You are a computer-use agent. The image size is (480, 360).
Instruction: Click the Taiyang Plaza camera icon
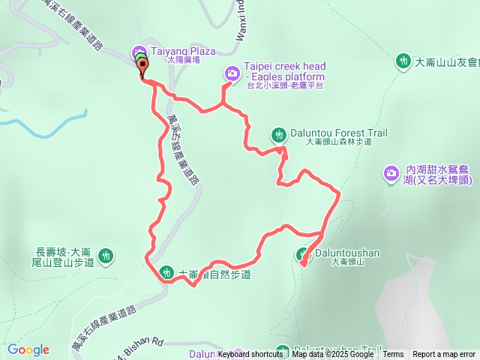[140, 52]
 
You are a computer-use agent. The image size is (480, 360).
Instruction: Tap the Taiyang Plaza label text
[183, 52]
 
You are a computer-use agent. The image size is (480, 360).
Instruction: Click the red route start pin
[142, 69]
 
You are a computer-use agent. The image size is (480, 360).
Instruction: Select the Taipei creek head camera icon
[232, 73]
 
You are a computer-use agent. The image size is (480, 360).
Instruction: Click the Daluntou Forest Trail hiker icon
[278, 134]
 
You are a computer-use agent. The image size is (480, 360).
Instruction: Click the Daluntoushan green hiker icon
[304, 254]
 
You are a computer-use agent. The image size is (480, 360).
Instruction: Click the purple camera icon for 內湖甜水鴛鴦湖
[391, 175]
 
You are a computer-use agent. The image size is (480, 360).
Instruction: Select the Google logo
[28, 349]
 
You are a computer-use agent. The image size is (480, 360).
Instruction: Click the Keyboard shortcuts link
[250, 355]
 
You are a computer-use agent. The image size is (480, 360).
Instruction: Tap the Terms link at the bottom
[393, 355]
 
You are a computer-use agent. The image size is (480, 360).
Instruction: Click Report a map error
[444, 355]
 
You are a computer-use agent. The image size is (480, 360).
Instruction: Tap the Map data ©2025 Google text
[334, 355]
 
